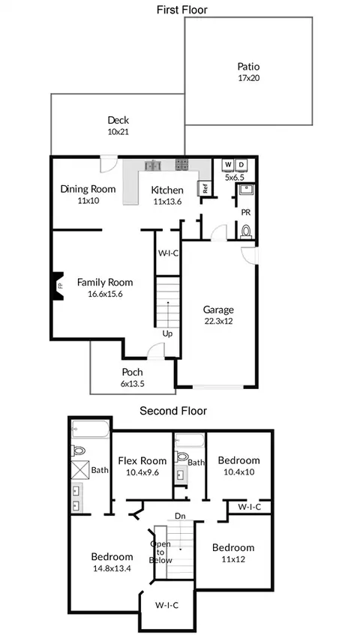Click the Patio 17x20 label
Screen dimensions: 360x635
coord(249,72)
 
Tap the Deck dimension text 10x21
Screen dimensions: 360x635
coord(118,132)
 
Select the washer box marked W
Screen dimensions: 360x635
coord(228,165)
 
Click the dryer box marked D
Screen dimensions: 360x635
coord(241,165)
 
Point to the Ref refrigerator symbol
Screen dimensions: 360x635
coord(205,188)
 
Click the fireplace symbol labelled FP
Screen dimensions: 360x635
coord(58,286)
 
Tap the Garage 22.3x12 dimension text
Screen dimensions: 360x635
coord(218,322)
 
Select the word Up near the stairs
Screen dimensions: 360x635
coord(167,334)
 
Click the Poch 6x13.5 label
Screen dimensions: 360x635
coord(133,377)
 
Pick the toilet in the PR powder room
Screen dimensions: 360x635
coord(246,230)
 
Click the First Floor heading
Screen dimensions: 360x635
coord(181,10)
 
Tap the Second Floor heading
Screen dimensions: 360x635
coord(173,411)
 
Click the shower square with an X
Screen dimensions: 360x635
coord(80,470)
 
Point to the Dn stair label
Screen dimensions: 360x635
coord(180,516)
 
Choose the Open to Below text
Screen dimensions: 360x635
coord(160,552)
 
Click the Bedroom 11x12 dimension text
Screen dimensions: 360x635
coord(233,559)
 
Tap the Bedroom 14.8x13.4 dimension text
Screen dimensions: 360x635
coord(112,568)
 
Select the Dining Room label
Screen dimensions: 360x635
coord(88,189)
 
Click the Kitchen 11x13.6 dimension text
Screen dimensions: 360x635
coord(167,200)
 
